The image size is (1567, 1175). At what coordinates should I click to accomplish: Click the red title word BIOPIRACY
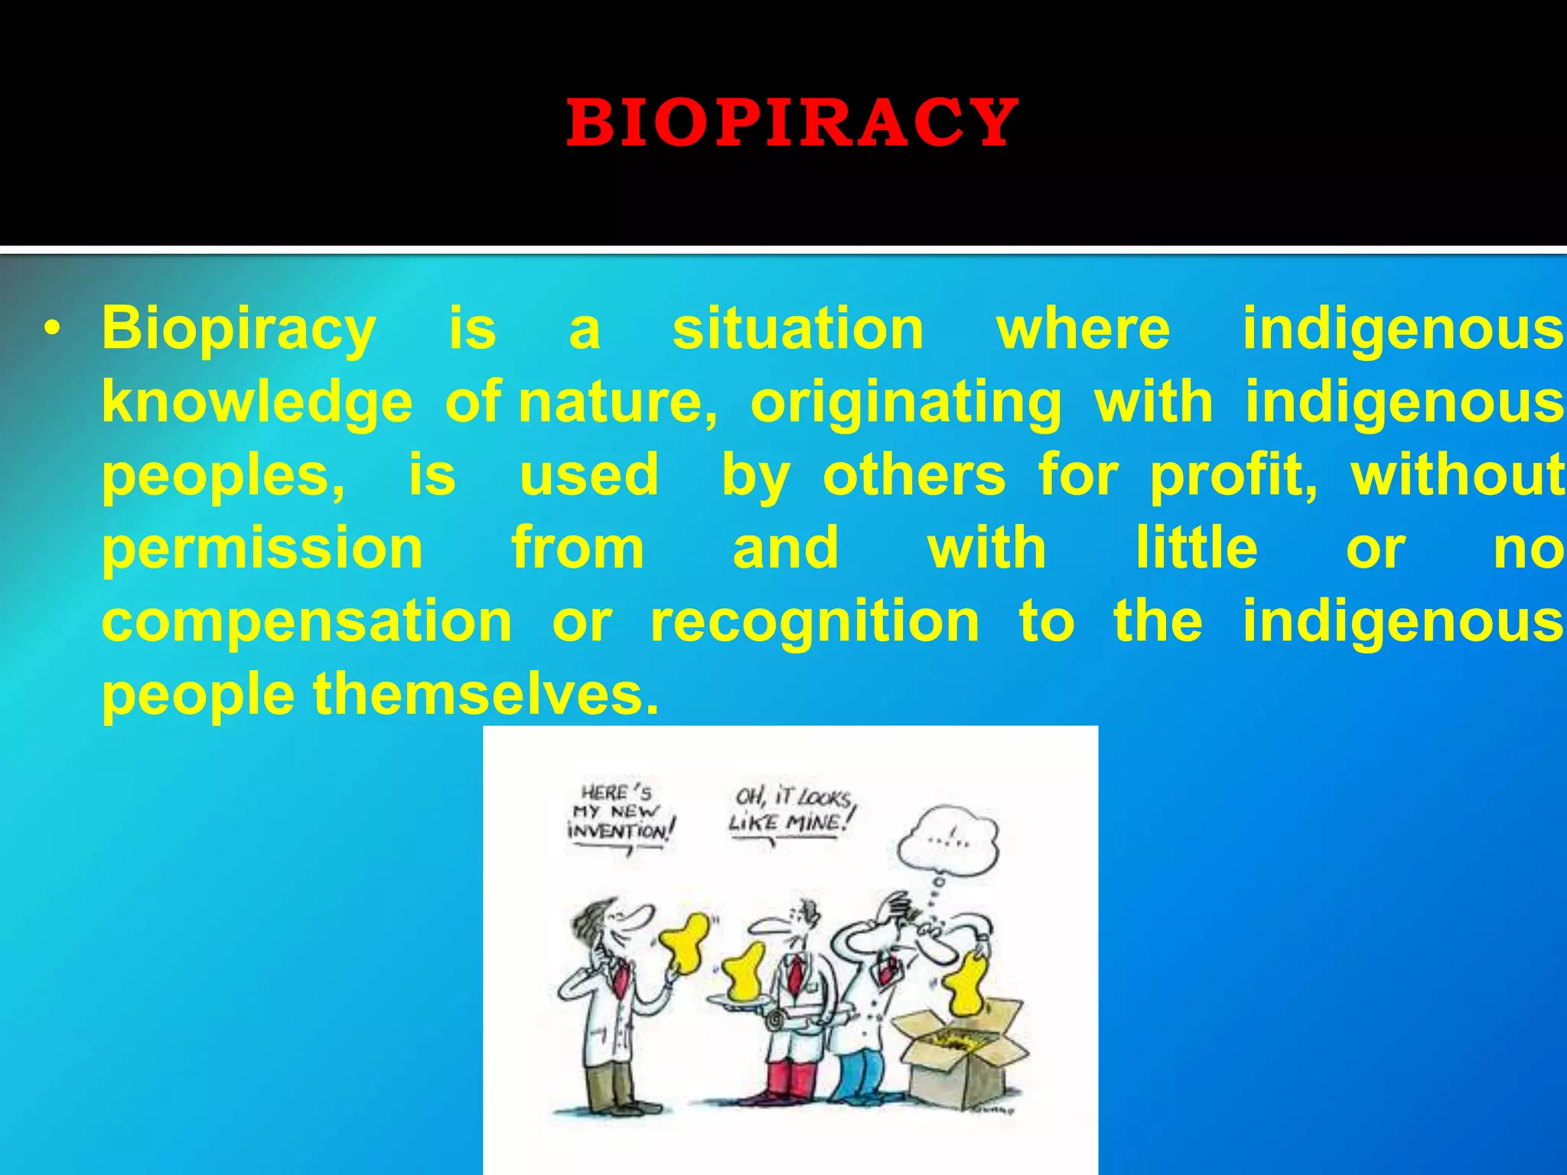[x=791, y=123]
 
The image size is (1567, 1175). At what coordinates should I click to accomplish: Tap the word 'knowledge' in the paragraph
[x=257, y=402]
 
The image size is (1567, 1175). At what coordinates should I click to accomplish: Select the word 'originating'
[x=906, y=403]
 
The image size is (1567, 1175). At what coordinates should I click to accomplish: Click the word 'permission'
[x=262, y=549]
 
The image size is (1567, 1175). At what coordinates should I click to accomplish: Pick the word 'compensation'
[x=307, y=621]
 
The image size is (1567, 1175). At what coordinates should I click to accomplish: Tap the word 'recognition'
[x=815, y=621]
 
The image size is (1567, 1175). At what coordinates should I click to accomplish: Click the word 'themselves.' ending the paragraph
[x=486, y=695]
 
